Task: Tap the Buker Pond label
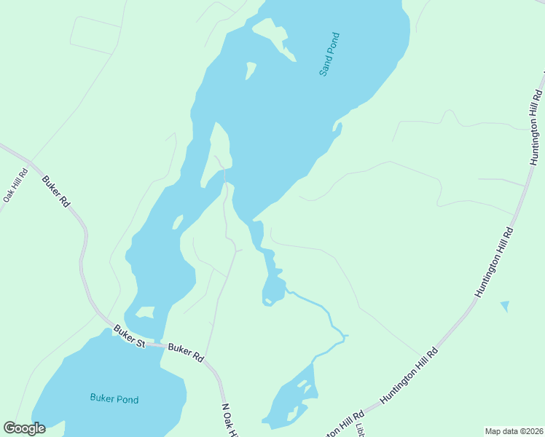pos(114,398)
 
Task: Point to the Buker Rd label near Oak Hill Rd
pos(55,192)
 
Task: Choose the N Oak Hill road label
pos(230,422)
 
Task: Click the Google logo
pos(24,428)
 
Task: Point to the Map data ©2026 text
pos(513,431)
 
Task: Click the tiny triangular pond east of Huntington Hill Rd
pos(505,306)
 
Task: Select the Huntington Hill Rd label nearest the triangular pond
pos(495,263)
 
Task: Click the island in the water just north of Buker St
pos(146,312)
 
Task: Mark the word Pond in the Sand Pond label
pos(334,45)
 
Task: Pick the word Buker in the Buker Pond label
pos(101,398)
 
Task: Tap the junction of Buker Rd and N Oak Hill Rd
pos(207,361)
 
